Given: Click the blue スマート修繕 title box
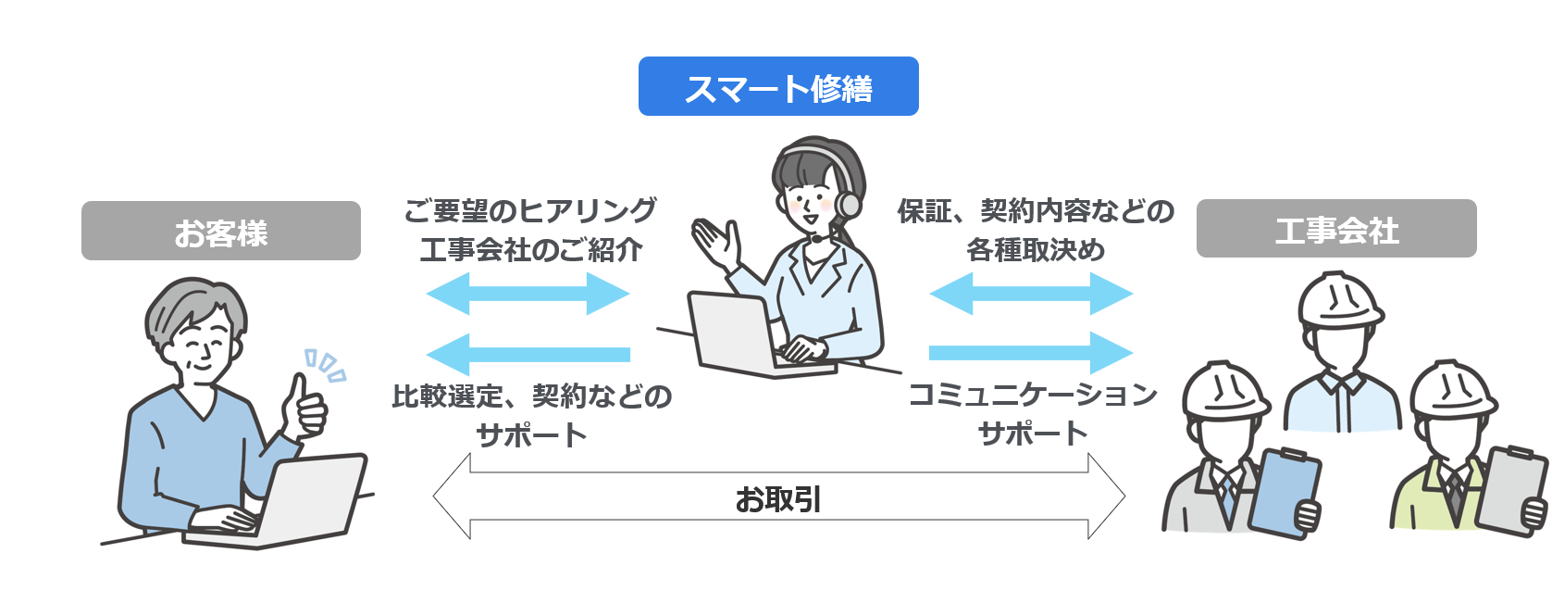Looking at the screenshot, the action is tap(778, 86).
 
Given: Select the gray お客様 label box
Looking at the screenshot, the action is tap(220, 231).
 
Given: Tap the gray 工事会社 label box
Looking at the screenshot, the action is tap(1335, 229).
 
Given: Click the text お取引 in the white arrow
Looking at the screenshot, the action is tap(778, 499).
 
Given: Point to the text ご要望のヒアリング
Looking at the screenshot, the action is tap(530, 210).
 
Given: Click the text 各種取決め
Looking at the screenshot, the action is tap(1035, 250).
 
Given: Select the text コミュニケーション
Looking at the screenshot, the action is tap(1033, 395).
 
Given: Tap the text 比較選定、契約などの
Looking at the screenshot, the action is tap(531, 396).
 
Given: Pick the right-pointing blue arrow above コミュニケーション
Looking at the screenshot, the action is tap(1031, 353).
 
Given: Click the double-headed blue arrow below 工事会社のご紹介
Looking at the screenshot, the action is tap(528, 295).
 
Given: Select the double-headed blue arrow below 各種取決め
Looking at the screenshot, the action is tap(1031, 295).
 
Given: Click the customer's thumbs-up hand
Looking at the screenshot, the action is tap(306, 408).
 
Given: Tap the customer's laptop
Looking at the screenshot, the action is tap(296, 500).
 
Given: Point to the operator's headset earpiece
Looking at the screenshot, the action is tap(848, 204).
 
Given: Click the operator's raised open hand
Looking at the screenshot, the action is tap(717, 241).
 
